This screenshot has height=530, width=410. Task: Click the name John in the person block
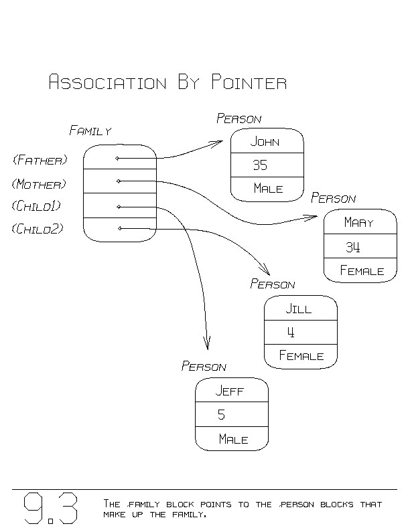click(265, 142)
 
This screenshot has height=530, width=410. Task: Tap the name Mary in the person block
click(358, 222)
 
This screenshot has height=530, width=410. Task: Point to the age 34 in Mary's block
click(353, 247)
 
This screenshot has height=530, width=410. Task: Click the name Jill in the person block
click(299, 309)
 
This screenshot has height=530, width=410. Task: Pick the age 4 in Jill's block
click(291, 332)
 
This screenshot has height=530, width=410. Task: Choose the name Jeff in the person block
click(229, 391)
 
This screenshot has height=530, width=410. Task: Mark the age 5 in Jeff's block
click(222, 415)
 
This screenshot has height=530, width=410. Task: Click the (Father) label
click(40, 160)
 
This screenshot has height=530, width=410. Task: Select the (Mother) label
click(40, 184)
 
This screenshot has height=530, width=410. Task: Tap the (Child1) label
click(38, 206)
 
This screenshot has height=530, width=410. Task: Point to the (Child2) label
click(38, 230)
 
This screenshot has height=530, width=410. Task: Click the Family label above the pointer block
click(90, 131)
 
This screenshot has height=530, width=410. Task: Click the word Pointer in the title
click(249, 83)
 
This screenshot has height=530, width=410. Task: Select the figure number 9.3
click(51, 509)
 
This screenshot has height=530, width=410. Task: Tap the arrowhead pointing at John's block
click(218, 143)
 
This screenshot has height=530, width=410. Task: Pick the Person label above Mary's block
click(333, 199)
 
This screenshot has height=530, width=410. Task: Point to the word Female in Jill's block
click(301, 356)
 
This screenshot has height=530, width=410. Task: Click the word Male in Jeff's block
click(233, 440)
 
